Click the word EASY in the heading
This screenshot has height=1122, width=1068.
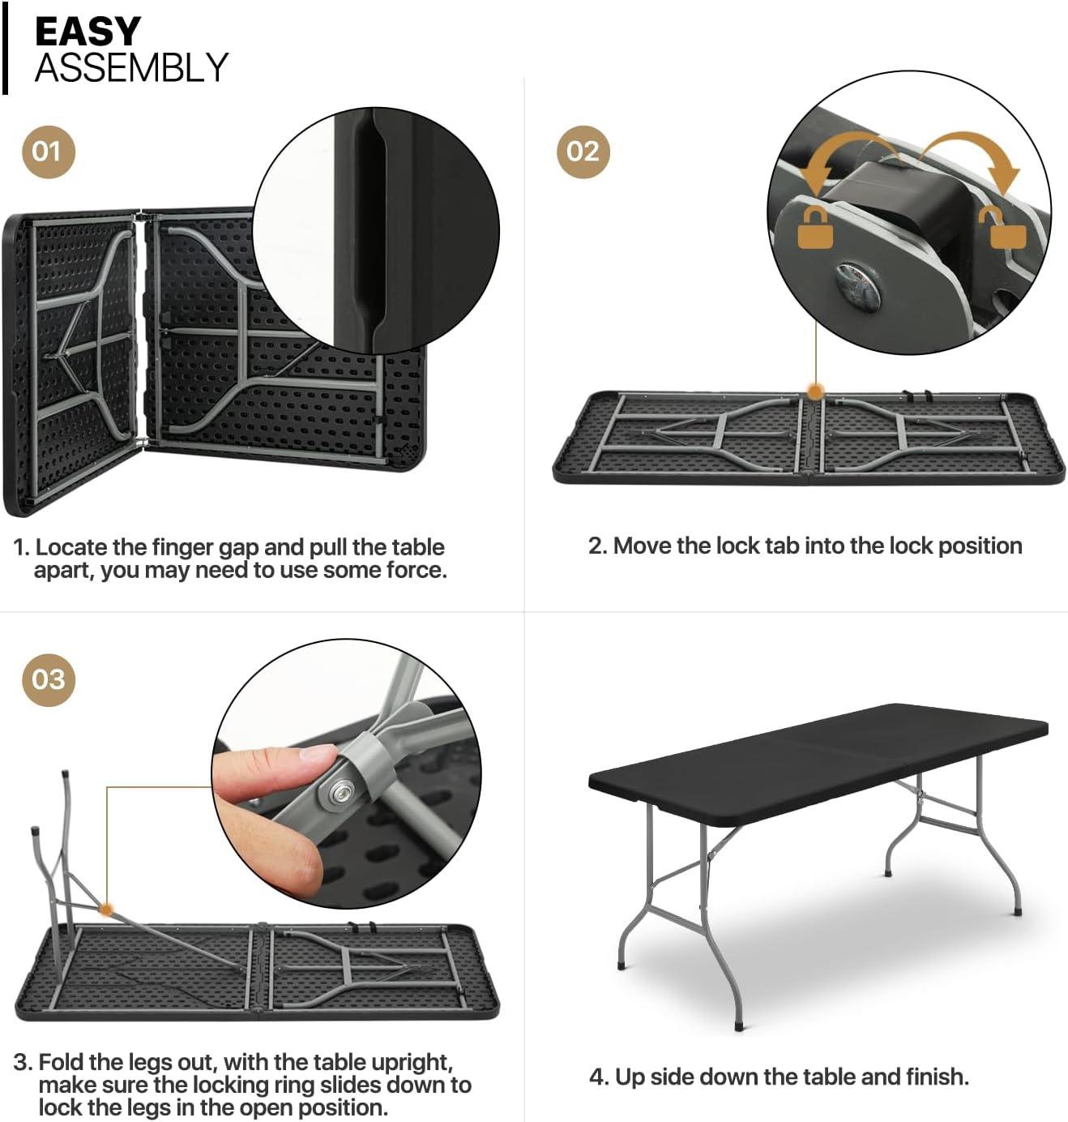coord(88,32)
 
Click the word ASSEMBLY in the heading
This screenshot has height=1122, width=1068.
coord(131,67)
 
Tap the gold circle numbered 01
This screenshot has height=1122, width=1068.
coord(48,152)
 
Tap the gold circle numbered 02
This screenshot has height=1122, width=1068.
coord(583,152)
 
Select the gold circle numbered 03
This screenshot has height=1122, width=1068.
coord(48,679)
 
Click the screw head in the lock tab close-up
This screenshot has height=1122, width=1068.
coord(857,285)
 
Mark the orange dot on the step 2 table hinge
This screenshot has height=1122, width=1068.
coord(815,392)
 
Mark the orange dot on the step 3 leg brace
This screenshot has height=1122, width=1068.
coord(105,910)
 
